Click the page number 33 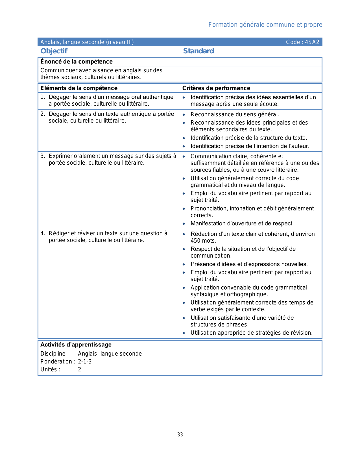click(x=180, y=435)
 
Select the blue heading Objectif click(x=54, y=51)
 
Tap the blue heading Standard click(x=198, y=51)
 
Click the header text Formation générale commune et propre click(x=265, y=25)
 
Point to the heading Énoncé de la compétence click(x=77, y=62)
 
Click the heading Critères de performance click(x=216, y=88)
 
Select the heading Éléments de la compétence click(x=79, y=88)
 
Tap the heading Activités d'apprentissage click(x=76, y=345)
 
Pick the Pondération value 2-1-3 click(x=85, y=362)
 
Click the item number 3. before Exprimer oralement click(x=43, y=156)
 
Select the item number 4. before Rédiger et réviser click(x=43, y=233)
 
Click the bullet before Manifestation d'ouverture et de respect click(x=184, y=224)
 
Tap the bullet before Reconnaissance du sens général click(x=184, y=115)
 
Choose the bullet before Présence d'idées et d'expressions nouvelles click(x=184, y=264)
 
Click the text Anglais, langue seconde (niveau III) click(x=87, y=42)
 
